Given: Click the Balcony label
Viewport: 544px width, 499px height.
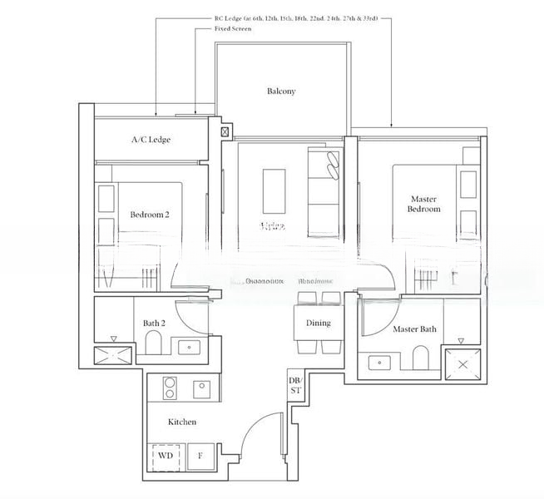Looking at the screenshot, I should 281,91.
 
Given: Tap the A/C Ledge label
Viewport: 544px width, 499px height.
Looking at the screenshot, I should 151,140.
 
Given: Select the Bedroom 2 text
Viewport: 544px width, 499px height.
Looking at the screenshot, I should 150,215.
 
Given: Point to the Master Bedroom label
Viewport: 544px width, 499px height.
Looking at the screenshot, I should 424,204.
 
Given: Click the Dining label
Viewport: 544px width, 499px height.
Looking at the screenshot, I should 318,323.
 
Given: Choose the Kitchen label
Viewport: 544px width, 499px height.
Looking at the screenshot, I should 182,422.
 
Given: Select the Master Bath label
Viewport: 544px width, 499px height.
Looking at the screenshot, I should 414,329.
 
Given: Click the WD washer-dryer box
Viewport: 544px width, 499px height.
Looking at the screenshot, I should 166,457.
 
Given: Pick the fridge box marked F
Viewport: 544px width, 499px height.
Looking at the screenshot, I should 200,457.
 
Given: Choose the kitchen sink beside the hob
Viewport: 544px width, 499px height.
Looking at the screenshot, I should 202,388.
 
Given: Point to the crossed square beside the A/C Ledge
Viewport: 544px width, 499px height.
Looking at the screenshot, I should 225,131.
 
